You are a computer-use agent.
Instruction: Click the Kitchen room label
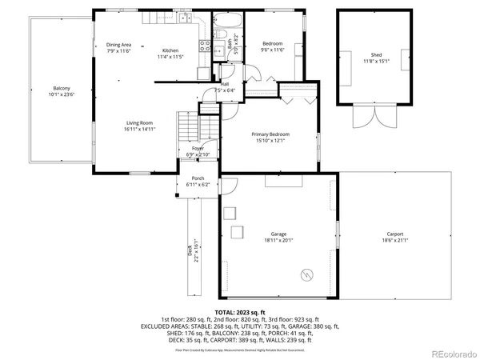pos(170,50)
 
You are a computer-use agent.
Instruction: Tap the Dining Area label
pos(118,44)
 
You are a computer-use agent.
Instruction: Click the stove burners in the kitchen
pos(204,46)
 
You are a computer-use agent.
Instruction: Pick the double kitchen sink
pos(184,18)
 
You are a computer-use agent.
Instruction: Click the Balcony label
pos(62,88)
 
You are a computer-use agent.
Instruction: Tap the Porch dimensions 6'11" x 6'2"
pos(198,185)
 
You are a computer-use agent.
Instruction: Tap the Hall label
pos(226,83)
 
